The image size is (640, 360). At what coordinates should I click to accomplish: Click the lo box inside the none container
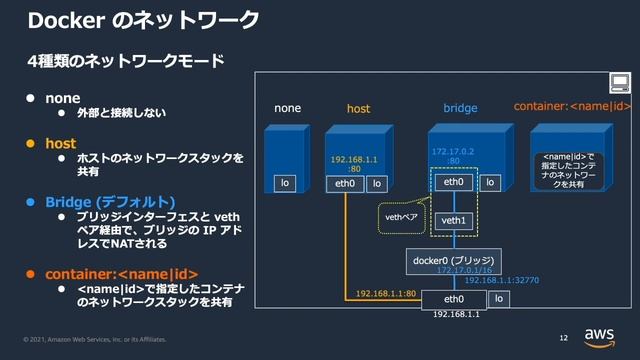coord(286,183)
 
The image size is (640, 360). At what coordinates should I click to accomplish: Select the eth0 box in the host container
coord(345,184)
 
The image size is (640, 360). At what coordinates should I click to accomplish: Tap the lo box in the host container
coord(376,184)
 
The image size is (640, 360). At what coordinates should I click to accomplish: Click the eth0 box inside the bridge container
coord(453,183)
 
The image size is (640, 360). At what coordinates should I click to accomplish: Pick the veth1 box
coord(454,219)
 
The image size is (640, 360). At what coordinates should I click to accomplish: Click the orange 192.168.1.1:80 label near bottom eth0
coord(386,294)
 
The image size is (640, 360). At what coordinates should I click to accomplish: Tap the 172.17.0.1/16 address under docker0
coord(463,270)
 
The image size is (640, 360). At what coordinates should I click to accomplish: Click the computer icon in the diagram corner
coord(619,83)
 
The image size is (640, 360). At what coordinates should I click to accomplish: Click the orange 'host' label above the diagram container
coord(358,108)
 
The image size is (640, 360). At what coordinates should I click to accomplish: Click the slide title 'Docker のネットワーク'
coord(144,20)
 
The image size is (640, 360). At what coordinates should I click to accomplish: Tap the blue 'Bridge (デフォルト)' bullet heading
coord(109,201)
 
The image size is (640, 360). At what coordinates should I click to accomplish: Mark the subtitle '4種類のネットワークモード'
coord(125,62)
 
